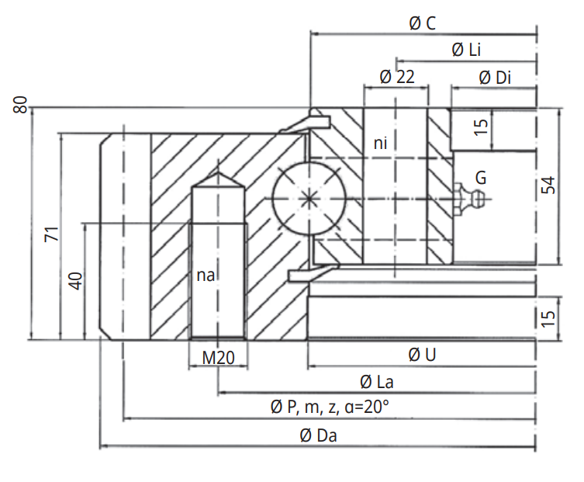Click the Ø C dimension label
click(x=422, y=23)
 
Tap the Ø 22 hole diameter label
click(x=396, y=76)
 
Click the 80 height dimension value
click(x=21, y=105)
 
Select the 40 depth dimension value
click(x=75, y=281)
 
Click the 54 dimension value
click(x=548, y=186)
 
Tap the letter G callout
click(x=481, y=178)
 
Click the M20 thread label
click(x=218, y=356)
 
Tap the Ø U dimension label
click(x=421, y=355)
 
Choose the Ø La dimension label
click(x=375, y=382)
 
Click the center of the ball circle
click(x=309, y=198)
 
